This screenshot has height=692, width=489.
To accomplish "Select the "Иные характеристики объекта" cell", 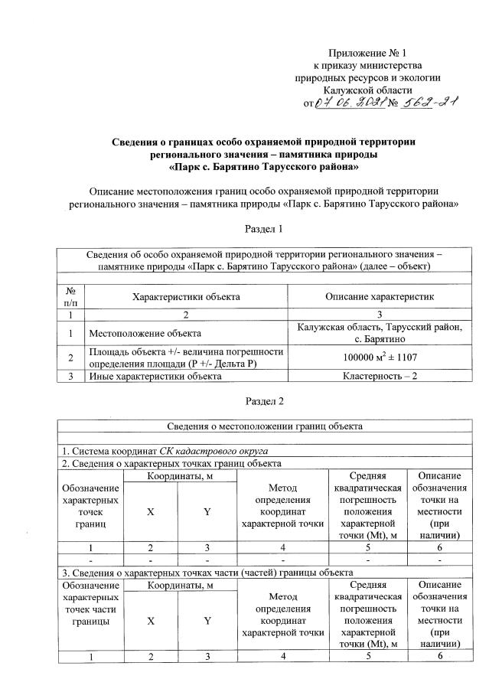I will [150, 376].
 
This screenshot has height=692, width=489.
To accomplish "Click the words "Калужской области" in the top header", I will [368, 90].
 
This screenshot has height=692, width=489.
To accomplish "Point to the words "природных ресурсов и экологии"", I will [368, 77].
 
